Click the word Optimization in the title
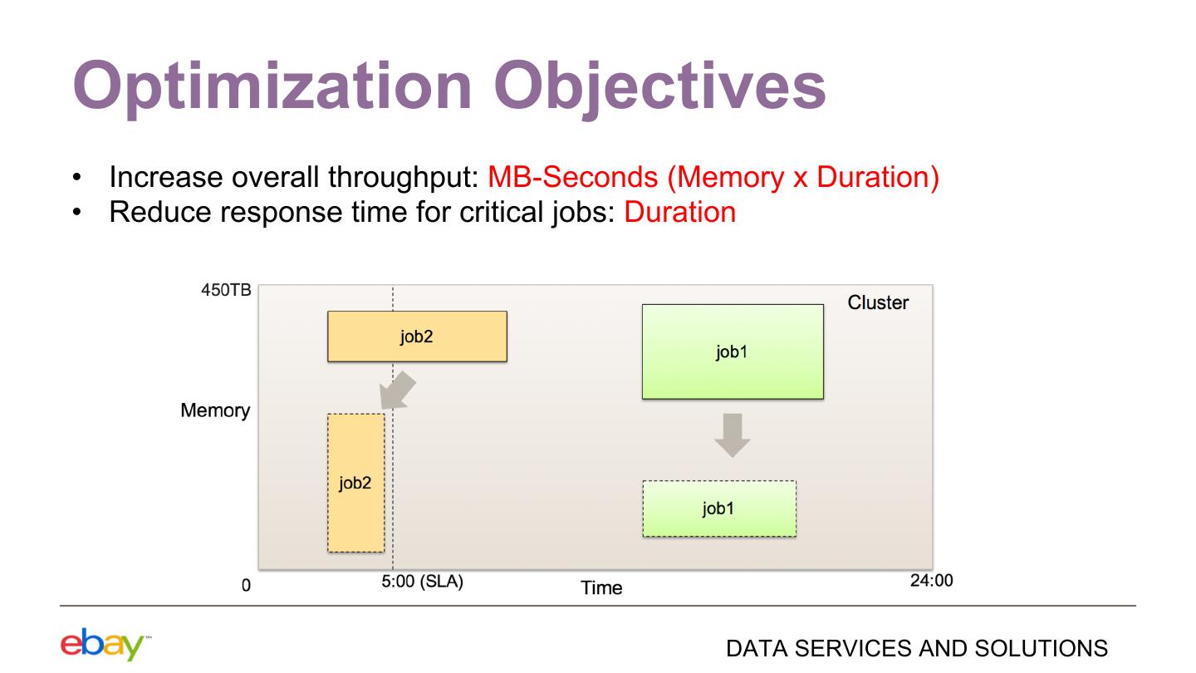(272, 86)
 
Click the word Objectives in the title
(660, 86)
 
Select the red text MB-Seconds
(573, 177)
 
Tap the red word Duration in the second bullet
(679, 212)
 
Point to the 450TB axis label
(226, 290)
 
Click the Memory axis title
(215, 410)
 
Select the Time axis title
(601, 587)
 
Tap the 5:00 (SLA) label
(422, 581)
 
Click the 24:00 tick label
(932, 580)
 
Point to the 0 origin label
(246, 586)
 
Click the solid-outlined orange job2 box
(417, 336)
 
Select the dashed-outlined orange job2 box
(355, 483)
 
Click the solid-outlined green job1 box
(733, 351)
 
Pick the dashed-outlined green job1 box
(719, 508)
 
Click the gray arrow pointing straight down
(733, 435)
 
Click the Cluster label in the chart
(878, 302)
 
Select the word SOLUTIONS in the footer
(1041, 648)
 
